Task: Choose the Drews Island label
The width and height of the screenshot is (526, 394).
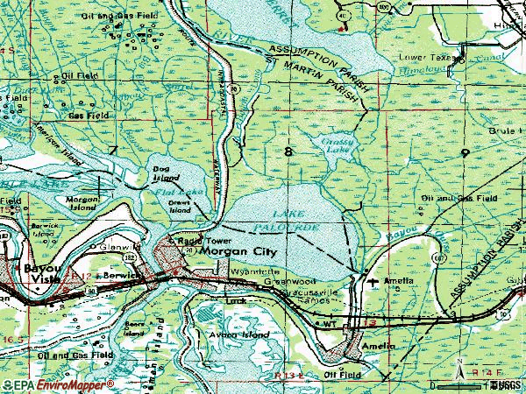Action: coord(180,207)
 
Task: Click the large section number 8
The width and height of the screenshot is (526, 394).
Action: coord(288,152)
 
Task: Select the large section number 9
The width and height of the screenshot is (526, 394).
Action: coord(464,152)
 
